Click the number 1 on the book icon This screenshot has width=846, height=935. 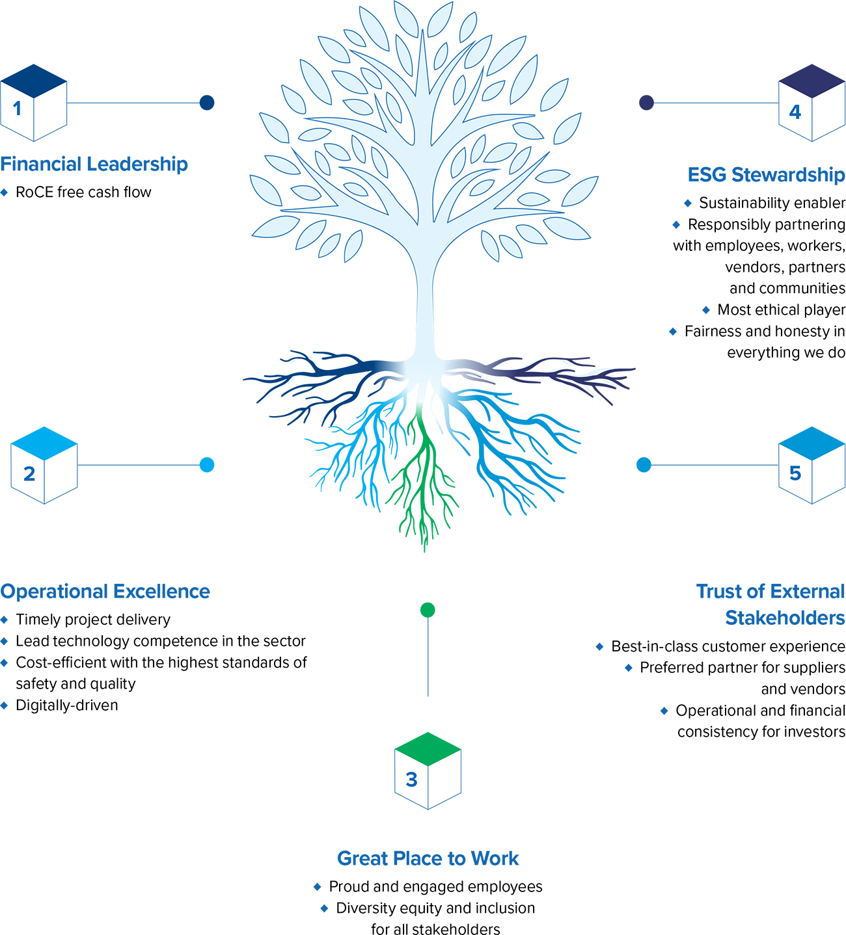[17, 109]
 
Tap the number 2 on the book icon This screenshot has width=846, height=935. [29, 474]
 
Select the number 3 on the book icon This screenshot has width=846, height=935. [411, 779]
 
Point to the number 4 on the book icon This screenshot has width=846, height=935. [795, 112]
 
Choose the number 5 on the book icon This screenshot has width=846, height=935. [795, 473]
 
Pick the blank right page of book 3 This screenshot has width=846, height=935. [444, 780]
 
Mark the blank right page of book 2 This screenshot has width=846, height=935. [61, 475]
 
